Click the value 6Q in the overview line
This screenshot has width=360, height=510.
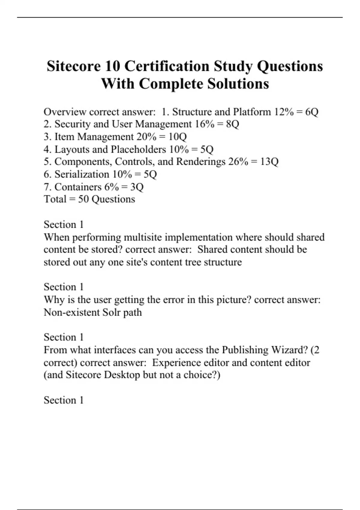pyautogui.click(x=312, y=112)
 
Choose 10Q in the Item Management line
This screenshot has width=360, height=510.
pyautogui.click(x=178, y=137)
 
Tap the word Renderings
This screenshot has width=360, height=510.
pyautogui.click(x=201, y=162)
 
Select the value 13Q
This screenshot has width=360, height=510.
pyautogui.click(x=269, y=162)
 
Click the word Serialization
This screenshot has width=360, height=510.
pyautogui.click(x=82, y=174)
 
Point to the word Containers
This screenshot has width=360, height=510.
pyautogui.click(x=78, y=187)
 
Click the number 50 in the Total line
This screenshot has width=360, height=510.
pyautogui.click(x=83, y=199)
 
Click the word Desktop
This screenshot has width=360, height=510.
pyautogui.click(x=122, y=375)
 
